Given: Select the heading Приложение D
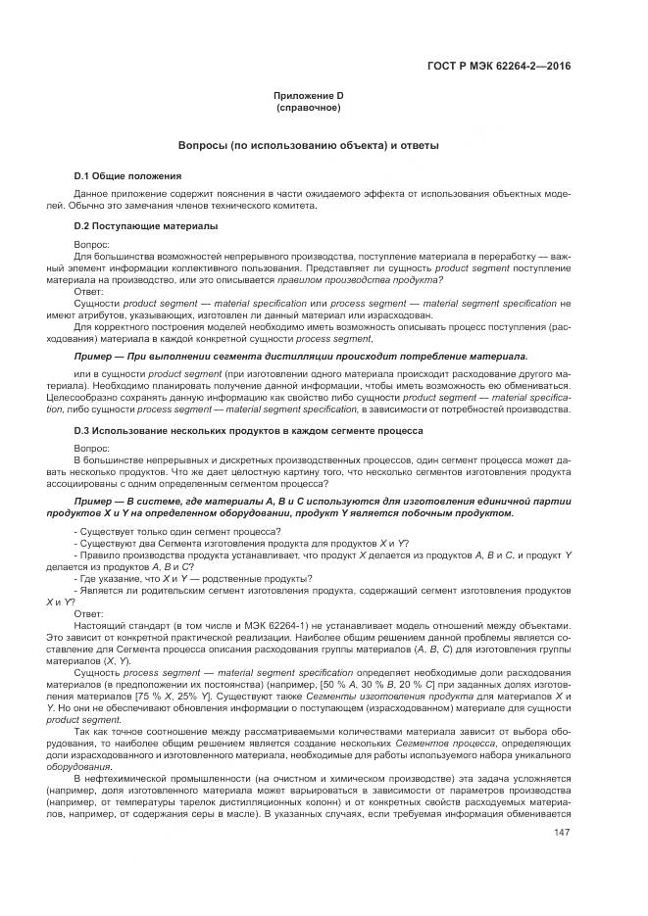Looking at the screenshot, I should tap(308, 95).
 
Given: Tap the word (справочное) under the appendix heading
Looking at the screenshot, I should tap(308, 107).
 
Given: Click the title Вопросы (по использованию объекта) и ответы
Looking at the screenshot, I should tap(308, 145).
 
